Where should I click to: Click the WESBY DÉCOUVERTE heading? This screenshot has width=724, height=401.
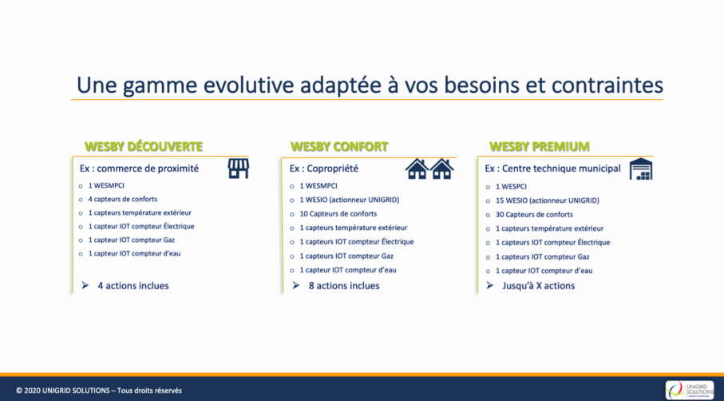click(144, 146)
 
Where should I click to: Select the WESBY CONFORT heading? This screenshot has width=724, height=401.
click(339, 146)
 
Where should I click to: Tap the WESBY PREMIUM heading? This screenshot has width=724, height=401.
click(540, 146)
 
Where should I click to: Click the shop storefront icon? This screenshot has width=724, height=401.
click(238, 169)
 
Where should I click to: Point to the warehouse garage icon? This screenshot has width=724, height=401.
click(641, 169)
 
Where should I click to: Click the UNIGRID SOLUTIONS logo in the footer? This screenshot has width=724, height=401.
click(690, 390)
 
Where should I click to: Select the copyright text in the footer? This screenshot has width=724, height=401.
click(99, 391)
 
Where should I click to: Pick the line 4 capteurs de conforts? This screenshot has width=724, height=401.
click(123, 199)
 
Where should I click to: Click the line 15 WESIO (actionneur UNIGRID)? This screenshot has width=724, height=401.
click(547, 200)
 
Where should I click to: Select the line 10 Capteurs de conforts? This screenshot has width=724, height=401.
click(338, 214)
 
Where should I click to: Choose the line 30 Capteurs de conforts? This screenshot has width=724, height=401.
click(534, 214)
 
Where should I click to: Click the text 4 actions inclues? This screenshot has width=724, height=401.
click(133, 285)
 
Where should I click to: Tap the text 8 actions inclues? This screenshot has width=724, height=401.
click(344, 285)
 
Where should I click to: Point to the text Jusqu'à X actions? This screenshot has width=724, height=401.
click(538, 285)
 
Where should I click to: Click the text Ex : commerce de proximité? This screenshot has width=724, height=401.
click(139, 169)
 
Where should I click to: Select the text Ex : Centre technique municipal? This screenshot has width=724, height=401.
click(552, 169)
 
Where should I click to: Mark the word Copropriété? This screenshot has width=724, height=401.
click(331, 169)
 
